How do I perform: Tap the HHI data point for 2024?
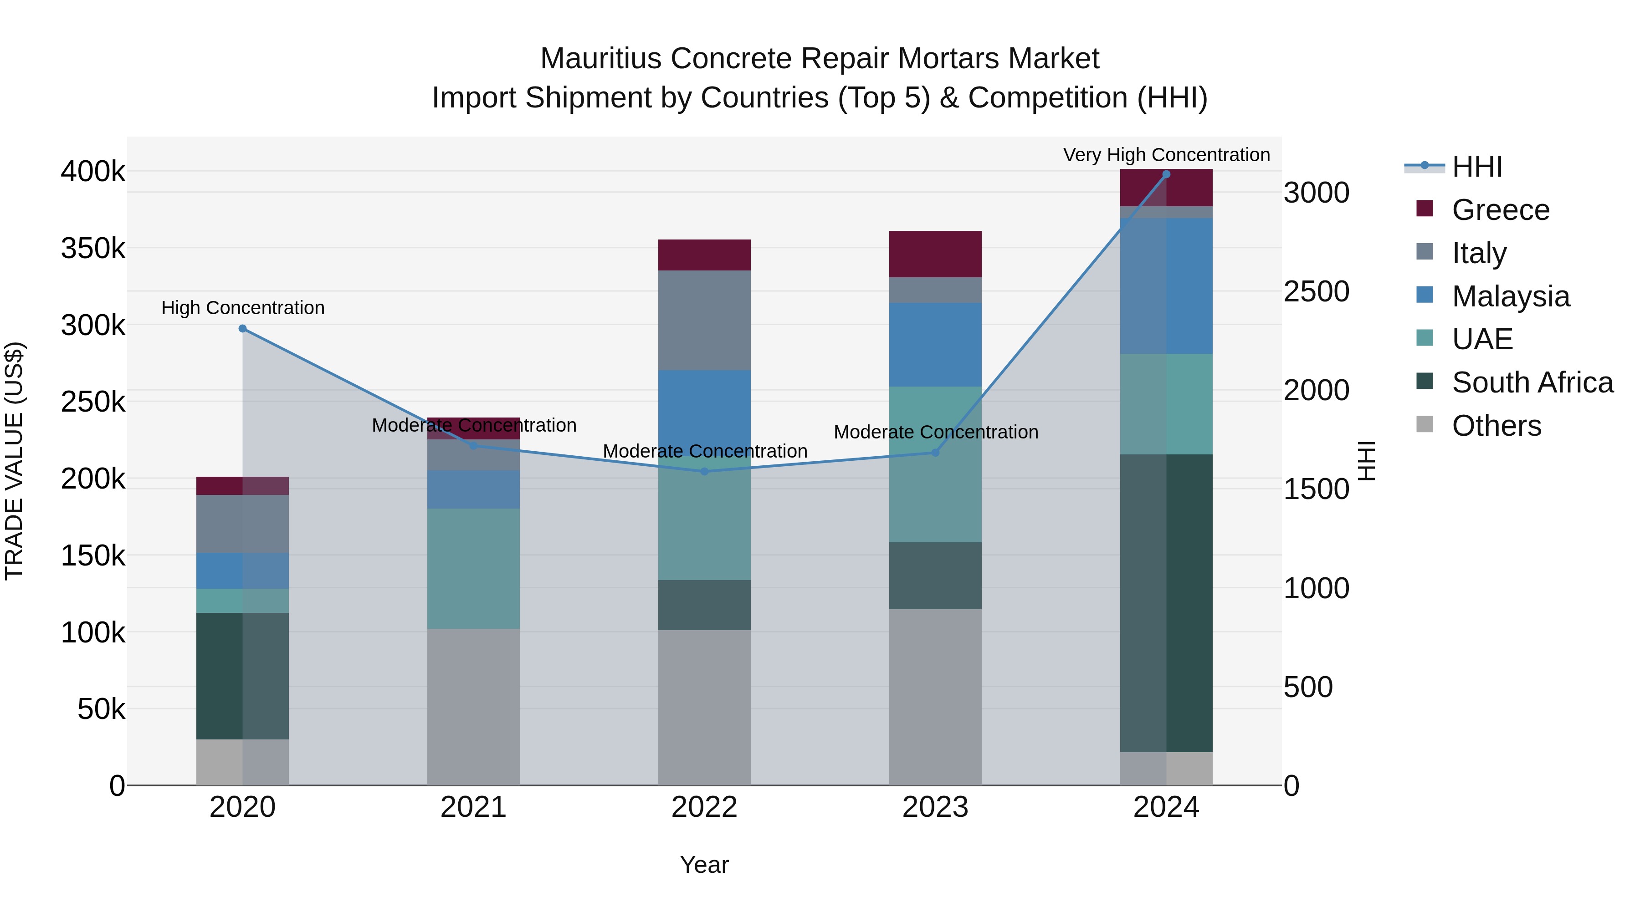click(x=1166, y=174)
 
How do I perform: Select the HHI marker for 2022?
click(x=704, y=472)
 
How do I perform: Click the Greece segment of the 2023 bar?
click(x=935, y=254)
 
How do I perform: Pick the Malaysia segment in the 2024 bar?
click(x=1166, y=285)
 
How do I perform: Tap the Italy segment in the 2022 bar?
click(x=704, y=320)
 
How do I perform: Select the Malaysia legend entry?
click(x=1510, y=296)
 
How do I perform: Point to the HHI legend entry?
click(x=1477, y=167)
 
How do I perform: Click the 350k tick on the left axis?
click(x=93, y=248)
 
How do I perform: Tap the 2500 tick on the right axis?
click(x=1316, y=291)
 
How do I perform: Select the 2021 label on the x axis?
click(x=473, y=807)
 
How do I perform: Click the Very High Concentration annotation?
click(x=1166, y=155)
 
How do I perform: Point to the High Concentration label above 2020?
click(x=242, y=308)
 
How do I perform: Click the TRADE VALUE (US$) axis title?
click(x=14, y=461)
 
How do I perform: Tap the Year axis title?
click(x=704, y=865)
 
